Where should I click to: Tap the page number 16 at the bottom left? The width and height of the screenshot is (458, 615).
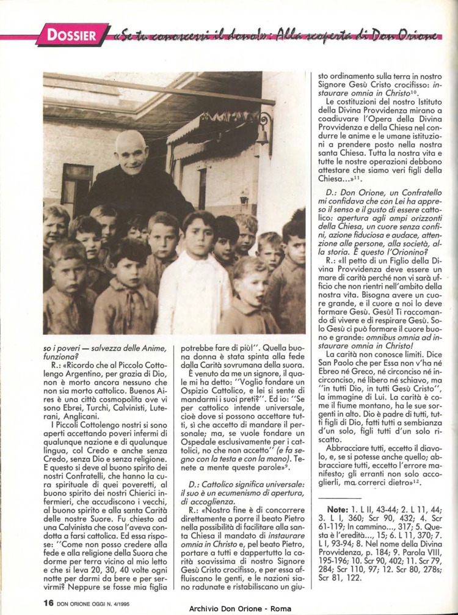pos(49,602)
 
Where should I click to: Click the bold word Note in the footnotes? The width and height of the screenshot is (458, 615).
pos(337,509)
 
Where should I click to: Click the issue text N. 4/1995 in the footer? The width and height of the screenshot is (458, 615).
pos(129,602)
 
